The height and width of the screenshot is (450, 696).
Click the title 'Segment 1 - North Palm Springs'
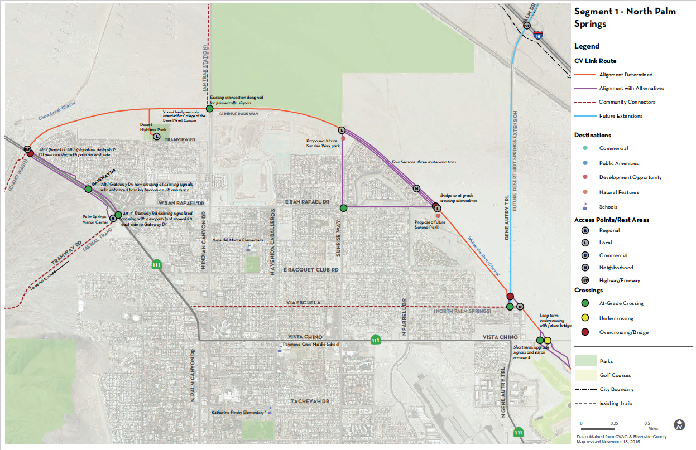[x=625, y=17]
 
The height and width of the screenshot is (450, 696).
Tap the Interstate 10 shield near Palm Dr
[x=537, y=34]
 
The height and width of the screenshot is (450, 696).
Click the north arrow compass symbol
[x=679, y=424]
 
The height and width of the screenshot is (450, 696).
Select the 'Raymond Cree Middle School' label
[x=310, y=344]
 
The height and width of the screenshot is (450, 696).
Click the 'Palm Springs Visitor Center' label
[x=95, y=219]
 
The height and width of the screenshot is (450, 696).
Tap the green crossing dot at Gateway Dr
[x=88, y=189]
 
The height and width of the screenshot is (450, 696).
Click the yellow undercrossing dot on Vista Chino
[x=548, y=341]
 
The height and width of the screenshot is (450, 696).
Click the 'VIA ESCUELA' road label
[x=304, y=302]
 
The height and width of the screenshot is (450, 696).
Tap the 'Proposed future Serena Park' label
[x=430, y=225]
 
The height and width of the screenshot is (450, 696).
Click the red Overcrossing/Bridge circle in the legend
[x=585, y=332]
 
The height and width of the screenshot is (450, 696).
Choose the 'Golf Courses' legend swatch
[x=585, y=375]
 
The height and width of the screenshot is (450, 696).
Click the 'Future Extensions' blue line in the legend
[x=585, y=116]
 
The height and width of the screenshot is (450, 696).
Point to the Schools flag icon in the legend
[x=585, y=206]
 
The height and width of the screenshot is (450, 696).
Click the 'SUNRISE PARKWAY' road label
[x=238, y=114]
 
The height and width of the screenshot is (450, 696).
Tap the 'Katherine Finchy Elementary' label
[x=237, y=413]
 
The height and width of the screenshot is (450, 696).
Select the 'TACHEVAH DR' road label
[x=310, y=401]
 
